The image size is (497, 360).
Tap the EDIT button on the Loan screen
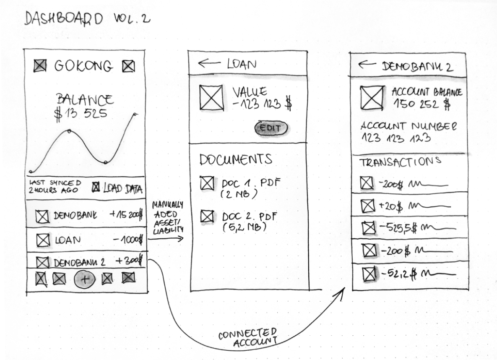coord(271,128)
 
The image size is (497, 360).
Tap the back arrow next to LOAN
coord(209,63)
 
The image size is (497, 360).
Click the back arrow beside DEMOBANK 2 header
coord(367,65)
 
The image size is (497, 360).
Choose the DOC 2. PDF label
coord(250,217)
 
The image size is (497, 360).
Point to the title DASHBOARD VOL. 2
coord(87,19)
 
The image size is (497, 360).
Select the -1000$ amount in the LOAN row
coord(128,240)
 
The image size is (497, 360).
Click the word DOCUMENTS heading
coord(236,159)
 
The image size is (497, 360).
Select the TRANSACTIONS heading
coord(400,162)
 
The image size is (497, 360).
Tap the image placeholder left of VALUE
coord(211,97)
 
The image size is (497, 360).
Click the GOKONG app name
coord(83,66)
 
